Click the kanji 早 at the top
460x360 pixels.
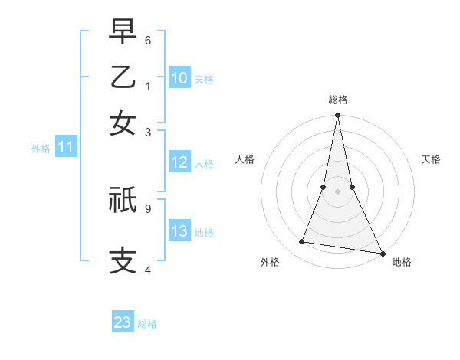click(x=123, y=31)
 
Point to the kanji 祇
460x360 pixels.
click(x=123, y=200)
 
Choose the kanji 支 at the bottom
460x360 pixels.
click(x=123, y=260)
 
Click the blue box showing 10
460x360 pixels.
click(x=179, y=77)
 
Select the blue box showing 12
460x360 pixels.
click(x=179, y=162)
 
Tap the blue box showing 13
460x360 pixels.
click(x=179, y=231)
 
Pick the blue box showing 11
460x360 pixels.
click(x=65, y=148)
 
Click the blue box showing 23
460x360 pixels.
click(x=123, y=322)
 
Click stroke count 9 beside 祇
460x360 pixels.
click(x=148, y=207)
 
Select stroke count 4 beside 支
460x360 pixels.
click(x=148, y=270)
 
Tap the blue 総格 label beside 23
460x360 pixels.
click(x=147, y=324)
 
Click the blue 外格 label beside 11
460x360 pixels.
click(x=40, y=149)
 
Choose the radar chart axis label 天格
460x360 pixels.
click(x=432, y=159)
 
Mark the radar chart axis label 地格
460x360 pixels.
click(x=402, y=262)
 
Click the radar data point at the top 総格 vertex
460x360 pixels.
click(x=337, y=116)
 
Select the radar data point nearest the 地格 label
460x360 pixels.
click(x=381, y=253)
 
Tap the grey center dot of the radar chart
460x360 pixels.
click(x=337, y=191)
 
